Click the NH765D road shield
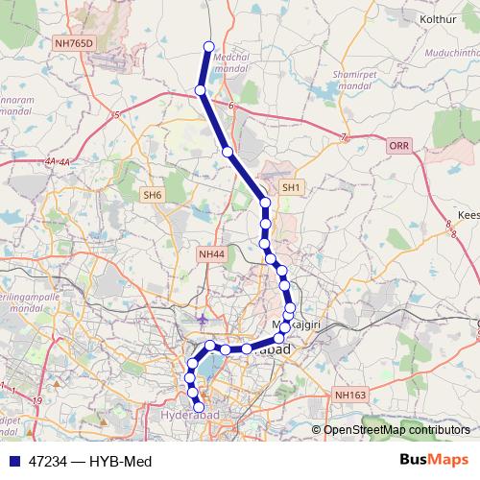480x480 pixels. [77, 42]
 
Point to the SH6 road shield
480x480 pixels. [153, 195]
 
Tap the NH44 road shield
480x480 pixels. [211, 253]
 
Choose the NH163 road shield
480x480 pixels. [350, 394]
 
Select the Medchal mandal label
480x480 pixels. [235, 63]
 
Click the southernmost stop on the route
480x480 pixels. [200, 409]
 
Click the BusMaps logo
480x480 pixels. [433, 460]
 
